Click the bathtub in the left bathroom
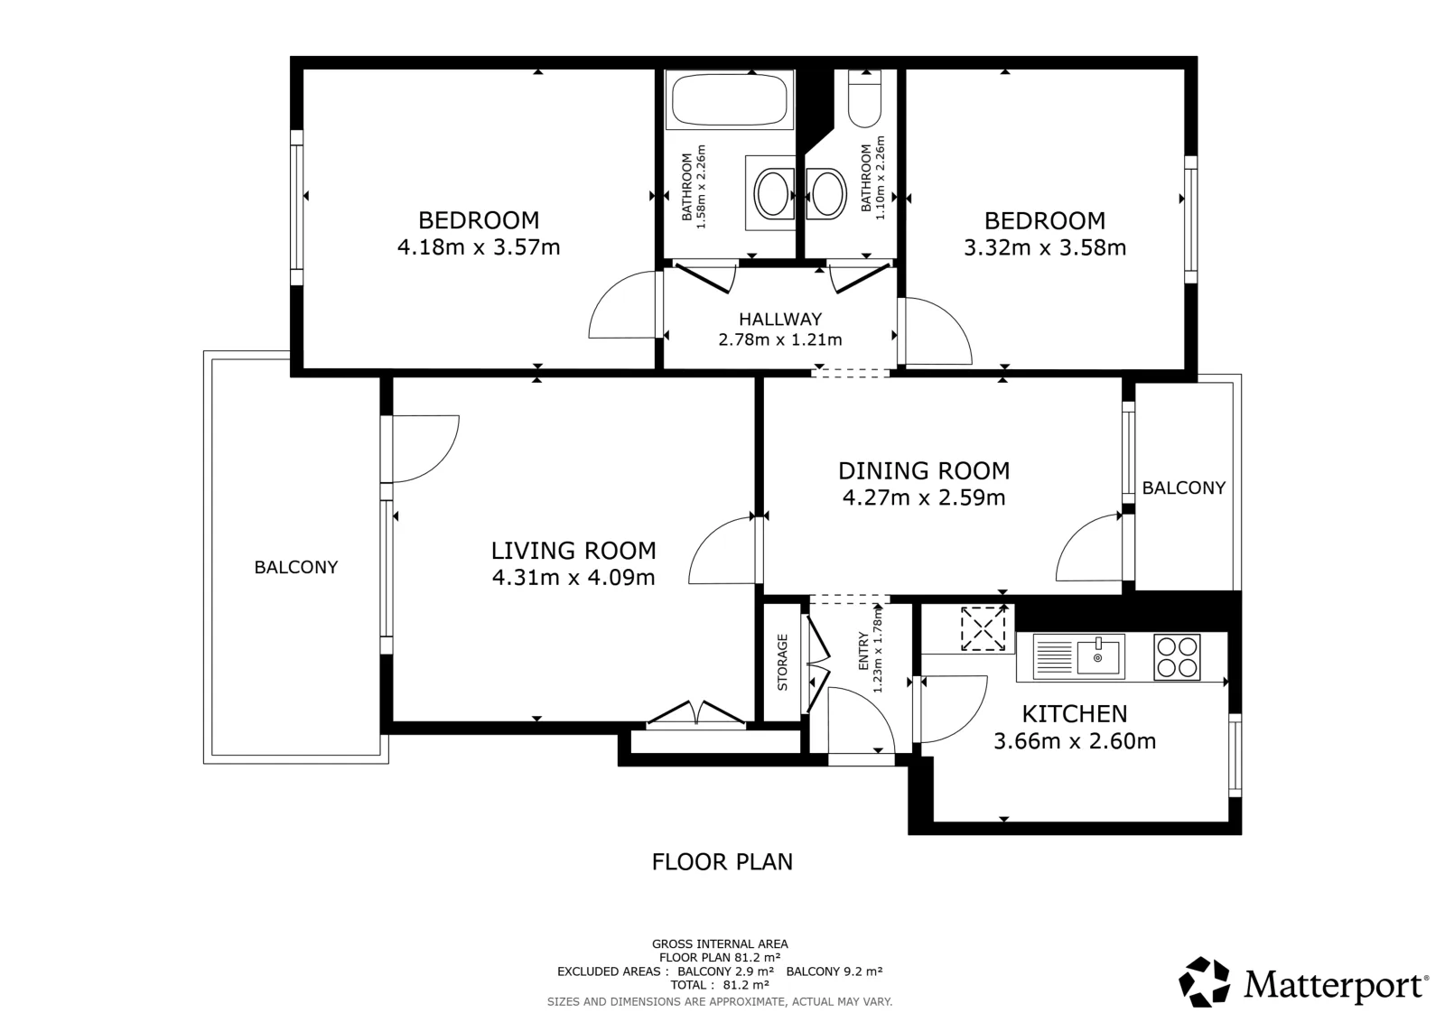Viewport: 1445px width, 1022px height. (x=730, y=100)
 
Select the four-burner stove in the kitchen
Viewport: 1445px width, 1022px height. (x=1178, y=657)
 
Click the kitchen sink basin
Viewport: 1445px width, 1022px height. (x=1098, y=657)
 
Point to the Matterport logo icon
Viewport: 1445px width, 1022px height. (x=1204, y=982)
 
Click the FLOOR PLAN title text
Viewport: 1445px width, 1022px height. (x=722, y=862)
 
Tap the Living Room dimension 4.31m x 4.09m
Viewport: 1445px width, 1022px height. (x=573, y=578)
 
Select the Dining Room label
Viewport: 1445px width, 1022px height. (x=924, y=470)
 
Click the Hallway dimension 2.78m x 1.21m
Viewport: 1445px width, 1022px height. (x=780, y=339)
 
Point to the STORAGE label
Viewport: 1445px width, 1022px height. (x=782, y=662)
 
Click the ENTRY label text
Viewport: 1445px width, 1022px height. (x=863, y=651)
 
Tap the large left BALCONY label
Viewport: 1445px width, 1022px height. (x=296, y=567)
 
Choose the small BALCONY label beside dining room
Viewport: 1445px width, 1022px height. (x=1184, y=488)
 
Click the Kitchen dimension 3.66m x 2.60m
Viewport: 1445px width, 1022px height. (x=1075, y=741)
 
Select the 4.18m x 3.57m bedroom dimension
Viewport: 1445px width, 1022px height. (x=479, y=247)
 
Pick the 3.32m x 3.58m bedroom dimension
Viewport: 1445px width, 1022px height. (x=1045, y=247)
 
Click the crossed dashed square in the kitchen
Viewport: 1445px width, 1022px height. (x=984, y=628)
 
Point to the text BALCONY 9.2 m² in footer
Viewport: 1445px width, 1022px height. (x=834, y=971)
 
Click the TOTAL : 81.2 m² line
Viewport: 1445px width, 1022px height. (x=719, y=985)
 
